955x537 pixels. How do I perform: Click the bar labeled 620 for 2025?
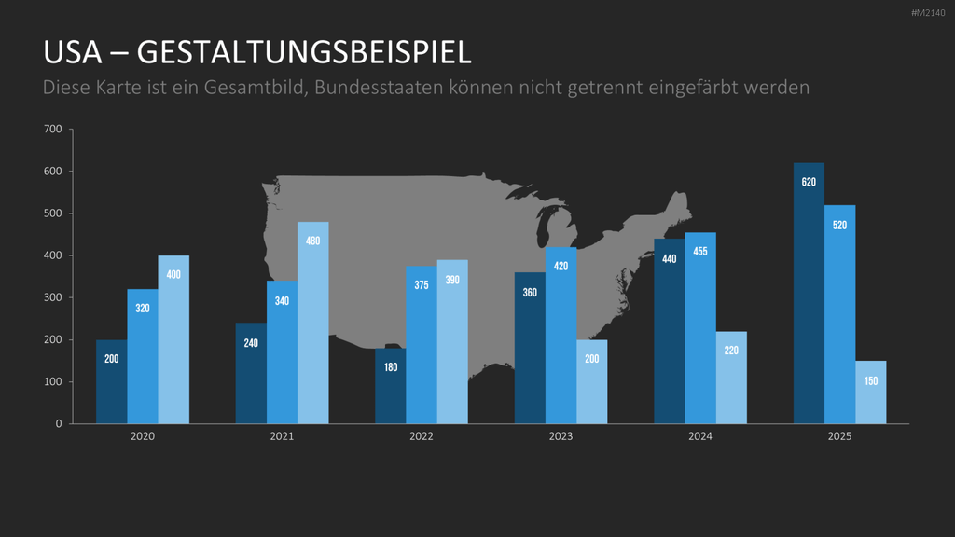809,293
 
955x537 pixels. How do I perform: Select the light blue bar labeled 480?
313,323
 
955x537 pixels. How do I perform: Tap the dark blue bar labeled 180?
391,386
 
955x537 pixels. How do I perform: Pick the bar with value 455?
700,328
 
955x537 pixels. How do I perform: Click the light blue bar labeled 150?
871,392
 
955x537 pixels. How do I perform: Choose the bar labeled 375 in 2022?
422,345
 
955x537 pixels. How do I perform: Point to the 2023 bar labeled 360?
530,348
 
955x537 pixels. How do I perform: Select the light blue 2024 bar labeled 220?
731,378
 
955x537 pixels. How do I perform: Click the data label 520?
840,226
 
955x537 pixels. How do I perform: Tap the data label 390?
452,280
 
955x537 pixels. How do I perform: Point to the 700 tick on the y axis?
53,129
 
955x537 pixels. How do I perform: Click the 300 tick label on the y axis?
53,297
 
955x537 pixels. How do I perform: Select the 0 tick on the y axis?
59,424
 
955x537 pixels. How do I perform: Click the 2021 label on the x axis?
282,436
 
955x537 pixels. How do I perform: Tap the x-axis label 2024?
700,436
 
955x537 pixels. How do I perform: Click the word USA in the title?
73,52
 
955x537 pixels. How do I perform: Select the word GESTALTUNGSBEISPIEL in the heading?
304,52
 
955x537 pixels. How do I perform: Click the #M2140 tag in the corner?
928,13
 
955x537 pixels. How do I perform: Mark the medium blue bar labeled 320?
143,356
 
